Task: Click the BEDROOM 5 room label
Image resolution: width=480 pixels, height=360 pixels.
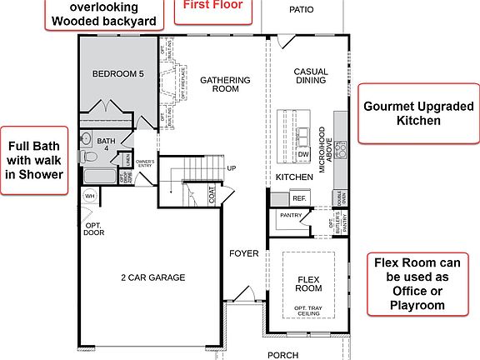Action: [x=117, y=74]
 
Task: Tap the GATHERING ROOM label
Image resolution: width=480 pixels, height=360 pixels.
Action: [x=225, y=84]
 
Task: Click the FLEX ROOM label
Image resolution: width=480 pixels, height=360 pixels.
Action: [x=308, y=282]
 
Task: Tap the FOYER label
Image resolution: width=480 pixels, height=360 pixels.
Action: [x=245, y=253]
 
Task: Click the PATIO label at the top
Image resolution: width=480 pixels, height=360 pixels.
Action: [x=301, y=11]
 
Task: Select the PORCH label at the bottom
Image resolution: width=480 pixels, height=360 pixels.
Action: [x=282, y=355]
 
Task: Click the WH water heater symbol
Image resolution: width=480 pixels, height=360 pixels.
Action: [x=90, y=196]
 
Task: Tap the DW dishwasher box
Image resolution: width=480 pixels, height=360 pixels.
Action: [x=303, y=154]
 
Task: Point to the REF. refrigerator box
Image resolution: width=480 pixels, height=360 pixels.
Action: [x=299, y=198]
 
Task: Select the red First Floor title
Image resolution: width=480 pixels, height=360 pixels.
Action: [x=213, y=6]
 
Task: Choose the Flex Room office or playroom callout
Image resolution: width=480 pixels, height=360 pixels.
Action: [x=419, y=283]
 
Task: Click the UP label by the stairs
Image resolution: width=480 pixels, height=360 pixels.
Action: [x=232, y=167]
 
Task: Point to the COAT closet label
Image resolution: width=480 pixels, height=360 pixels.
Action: [x=212, y=196]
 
